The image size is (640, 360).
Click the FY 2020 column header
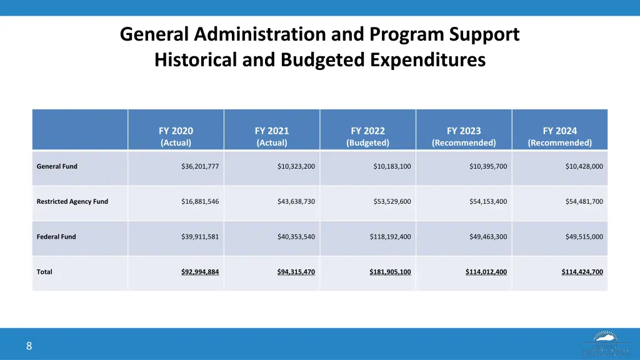tap(176, 136)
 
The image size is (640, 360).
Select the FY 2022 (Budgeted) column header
tap(367, 136)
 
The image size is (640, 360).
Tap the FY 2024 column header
tap(559, 136)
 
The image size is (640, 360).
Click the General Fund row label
tap(57, 166)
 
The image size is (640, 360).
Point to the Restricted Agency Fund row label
tap(72, 201)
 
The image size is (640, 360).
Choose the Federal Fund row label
tap(56, 237)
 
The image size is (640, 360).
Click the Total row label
tap(44, 272)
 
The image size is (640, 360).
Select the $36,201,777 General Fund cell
tap(200, 166)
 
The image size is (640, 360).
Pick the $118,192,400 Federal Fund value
tap(390, 237)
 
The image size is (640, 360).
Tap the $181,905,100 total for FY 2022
tap(390, 272)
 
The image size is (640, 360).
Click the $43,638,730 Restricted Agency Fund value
tap(296, 201)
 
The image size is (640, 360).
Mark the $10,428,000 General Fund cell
tap(584, 166)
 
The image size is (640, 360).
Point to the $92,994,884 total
tap(200, 272)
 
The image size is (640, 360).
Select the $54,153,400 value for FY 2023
tap(488, 201)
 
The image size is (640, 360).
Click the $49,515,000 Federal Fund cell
tap(584, 237)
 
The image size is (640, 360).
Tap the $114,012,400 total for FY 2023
tap(486, 272)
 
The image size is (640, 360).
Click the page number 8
tap(29, 346)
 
